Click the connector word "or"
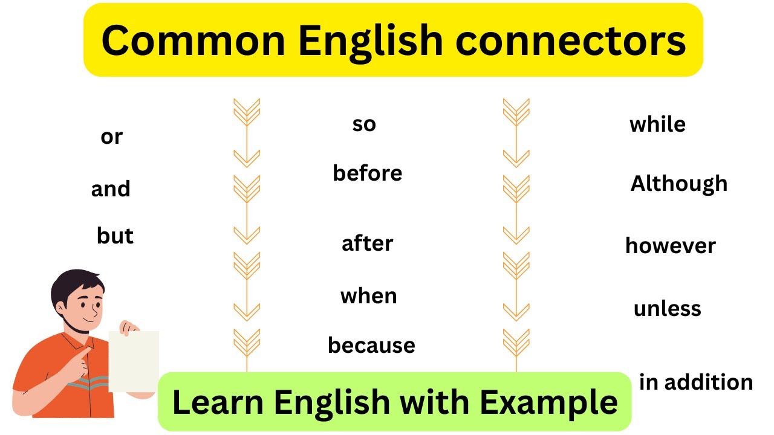(111, 137)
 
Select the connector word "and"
(111, 189)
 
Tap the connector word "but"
(115, 236)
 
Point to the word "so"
(364, 124)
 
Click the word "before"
(368, 173)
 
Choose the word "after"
(368, 243)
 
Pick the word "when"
(369, 296)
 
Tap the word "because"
(371, 346)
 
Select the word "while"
(658, 124)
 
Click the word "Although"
(679, 184)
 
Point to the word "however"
(671, 246)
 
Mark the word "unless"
(668, 309)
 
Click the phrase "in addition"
(696, 382)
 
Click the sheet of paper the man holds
(134, 361)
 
